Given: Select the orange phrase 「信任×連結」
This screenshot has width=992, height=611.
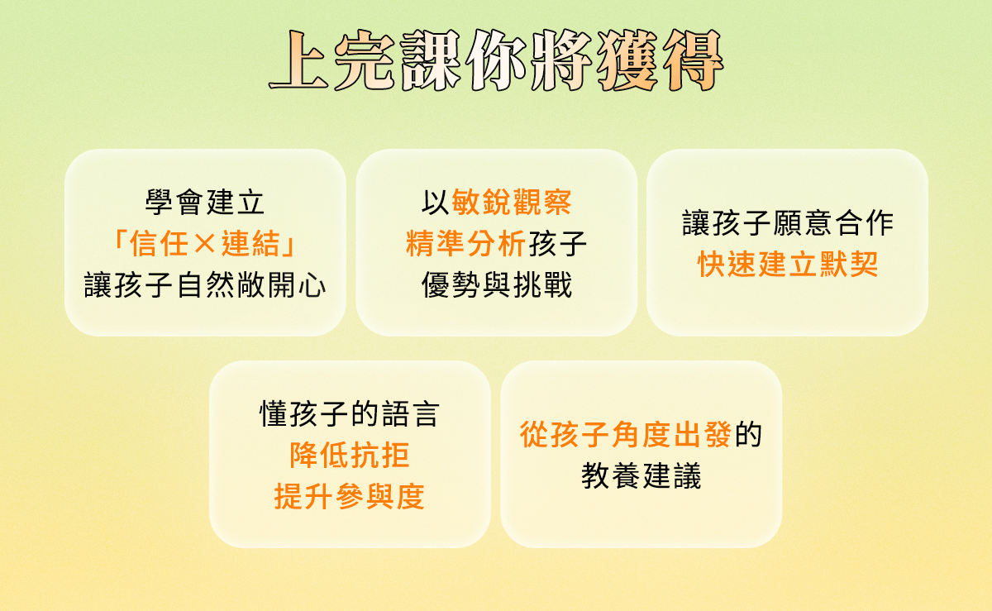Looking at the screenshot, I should pyautogui.click(x=205, y=244).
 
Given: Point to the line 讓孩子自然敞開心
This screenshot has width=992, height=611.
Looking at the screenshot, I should pyautogui.click(x=205, y=286).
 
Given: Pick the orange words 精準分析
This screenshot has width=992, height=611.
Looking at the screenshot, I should pyautogui.click(x=465, y=244).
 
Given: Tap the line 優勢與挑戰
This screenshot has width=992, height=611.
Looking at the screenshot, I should pyautogui.click(x=496, y=286).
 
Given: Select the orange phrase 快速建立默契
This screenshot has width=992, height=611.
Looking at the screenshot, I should pyautogui.click(x=787, y=265).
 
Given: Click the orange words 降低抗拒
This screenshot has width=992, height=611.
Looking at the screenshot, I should pyautogui.click(x=350, y=455).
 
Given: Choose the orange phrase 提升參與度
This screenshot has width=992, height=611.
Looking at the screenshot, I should pyautogui.click(x=350, y=497).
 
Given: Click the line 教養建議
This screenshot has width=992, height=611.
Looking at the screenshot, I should pyautogui.click(x=641, y=476).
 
